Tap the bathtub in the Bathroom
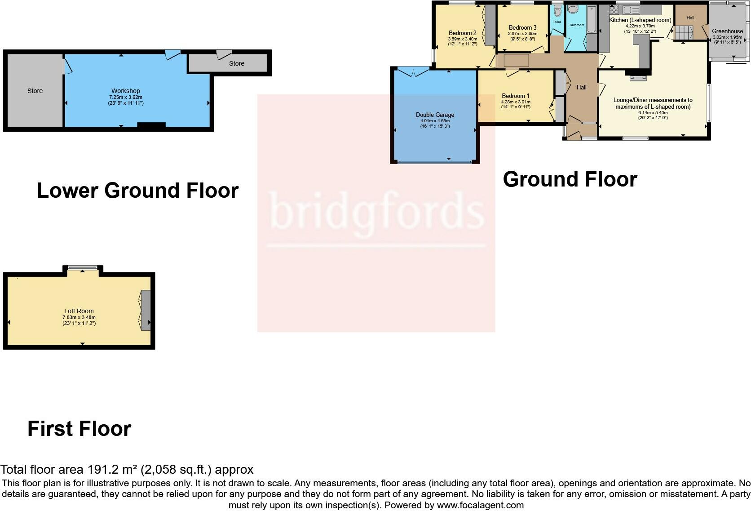point(591,20)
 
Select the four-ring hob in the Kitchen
point(614,10)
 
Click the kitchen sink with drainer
point(631,10)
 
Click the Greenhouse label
point(727,31)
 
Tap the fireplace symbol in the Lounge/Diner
point(638,78)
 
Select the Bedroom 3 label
point(522,28)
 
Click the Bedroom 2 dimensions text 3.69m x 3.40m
point(462,39)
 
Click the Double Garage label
point(435,115)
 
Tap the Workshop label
point(126,91)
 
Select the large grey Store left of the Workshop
point(35,91)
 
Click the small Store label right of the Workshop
point(237,63)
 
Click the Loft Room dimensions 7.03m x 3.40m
point(79,317)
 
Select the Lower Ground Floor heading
point(137,191)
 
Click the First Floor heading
point(80,429)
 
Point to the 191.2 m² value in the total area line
point(112,470)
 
